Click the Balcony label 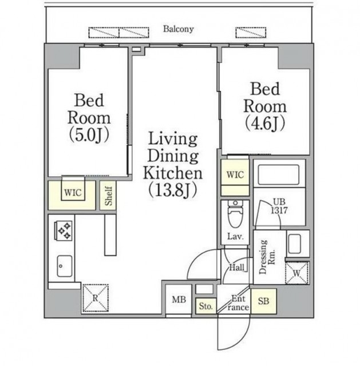[178, 29]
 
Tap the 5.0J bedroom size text [89, 135]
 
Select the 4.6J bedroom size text [265, 124]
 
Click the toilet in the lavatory [235, 213]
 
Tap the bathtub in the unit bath [279, 174]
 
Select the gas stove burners [64, 230]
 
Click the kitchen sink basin [65, 266]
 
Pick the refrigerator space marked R [96, 298]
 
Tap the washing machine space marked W [297, 273]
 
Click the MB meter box [179, 300]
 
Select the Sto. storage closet [206, 306]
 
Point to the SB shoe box [263, 301]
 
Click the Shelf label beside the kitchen [108, 196]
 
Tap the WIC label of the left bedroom [73, 193]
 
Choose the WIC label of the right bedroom [235, 174]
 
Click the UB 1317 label [279, 206]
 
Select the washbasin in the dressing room [295, 244]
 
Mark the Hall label [237, 267]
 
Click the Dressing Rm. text [267, 257]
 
